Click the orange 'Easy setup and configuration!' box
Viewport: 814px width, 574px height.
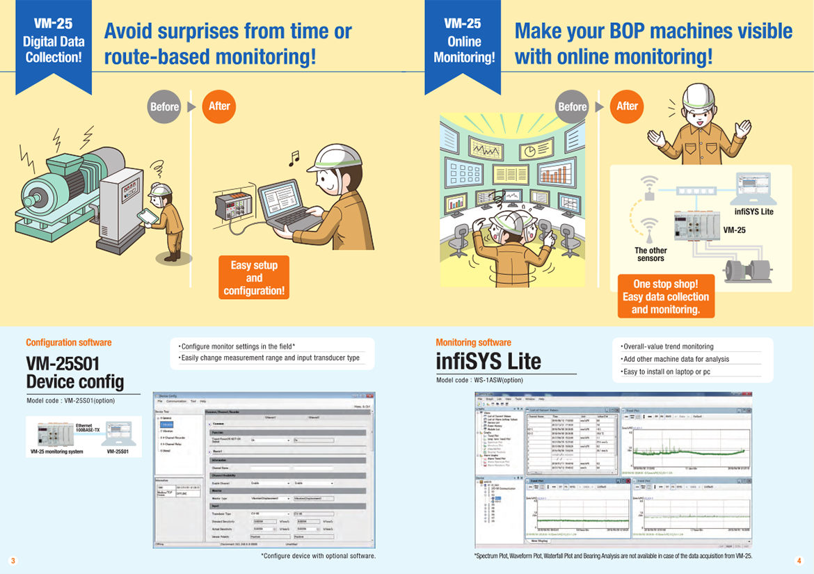[254, 278]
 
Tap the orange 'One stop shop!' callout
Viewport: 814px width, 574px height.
[666, 296]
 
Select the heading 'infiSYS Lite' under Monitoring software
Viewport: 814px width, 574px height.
[488, 361]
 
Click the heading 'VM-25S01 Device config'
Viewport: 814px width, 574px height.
[74, 372]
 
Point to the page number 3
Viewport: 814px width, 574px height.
[11, 560]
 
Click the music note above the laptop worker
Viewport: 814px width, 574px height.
[294, 159]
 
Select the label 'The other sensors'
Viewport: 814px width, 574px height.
[651, 255]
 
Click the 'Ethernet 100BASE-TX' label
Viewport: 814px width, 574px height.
[88, 427]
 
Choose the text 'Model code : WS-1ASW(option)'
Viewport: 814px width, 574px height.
[479, 380]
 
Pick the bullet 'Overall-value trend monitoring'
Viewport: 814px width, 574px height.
[667, 346]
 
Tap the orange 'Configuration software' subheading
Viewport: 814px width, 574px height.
[68, 342]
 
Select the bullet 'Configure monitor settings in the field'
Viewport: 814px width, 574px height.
[237, 346]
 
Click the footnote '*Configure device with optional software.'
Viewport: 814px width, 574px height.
[318, 556]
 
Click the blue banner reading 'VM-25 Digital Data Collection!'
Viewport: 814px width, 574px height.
[54, 42]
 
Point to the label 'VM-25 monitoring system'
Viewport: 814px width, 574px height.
[57, 452]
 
